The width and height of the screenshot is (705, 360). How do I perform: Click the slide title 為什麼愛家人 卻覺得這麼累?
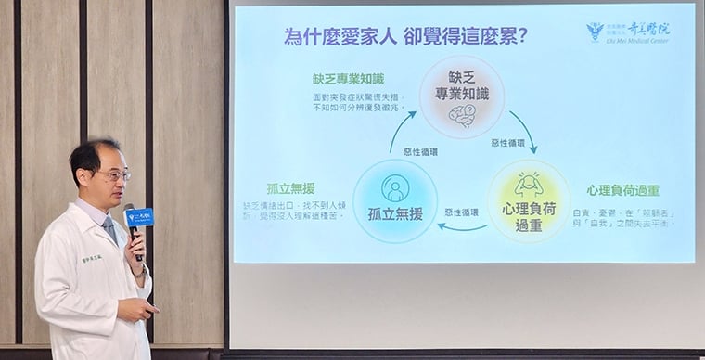click(x=406, y=37)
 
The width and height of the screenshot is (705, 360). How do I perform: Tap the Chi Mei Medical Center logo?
click(x=629, y=32)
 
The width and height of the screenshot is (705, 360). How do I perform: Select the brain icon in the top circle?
click(x=462, y=115)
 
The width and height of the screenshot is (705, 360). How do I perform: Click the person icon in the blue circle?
click(x=395, y=186)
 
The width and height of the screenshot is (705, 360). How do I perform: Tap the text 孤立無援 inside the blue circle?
click(x=395, y=214)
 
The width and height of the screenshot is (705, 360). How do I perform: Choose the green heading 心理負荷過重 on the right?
click(x=622, y=190)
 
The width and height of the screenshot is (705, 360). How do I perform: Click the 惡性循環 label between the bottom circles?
click(x=461, y=212)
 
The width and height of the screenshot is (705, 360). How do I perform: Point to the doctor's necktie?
click(x=111, y=228)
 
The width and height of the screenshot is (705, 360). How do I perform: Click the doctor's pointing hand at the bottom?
click(x=135, y=308)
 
